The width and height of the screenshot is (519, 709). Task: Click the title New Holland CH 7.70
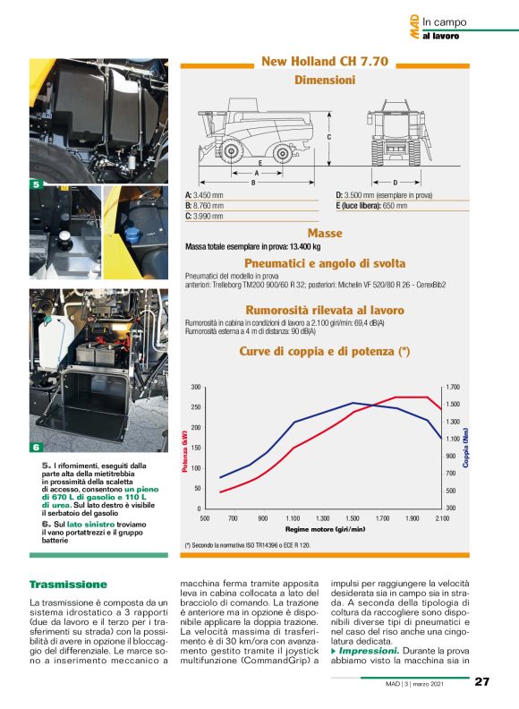coord(324,62)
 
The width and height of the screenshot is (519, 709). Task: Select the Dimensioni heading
coord(324,80)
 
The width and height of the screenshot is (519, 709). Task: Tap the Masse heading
coord(324,233)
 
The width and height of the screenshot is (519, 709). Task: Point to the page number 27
coord(481,682)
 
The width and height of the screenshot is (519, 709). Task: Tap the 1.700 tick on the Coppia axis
coord(452,387)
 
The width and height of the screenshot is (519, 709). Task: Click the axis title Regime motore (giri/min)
coord(324,529)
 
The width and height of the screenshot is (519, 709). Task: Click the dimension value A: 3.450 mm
coord(205,194)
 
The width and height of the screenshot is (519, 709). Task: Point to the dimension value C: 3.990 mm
coord(205,217)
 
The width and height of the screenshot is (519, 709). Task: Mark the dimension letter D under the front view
coord(395,182)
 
